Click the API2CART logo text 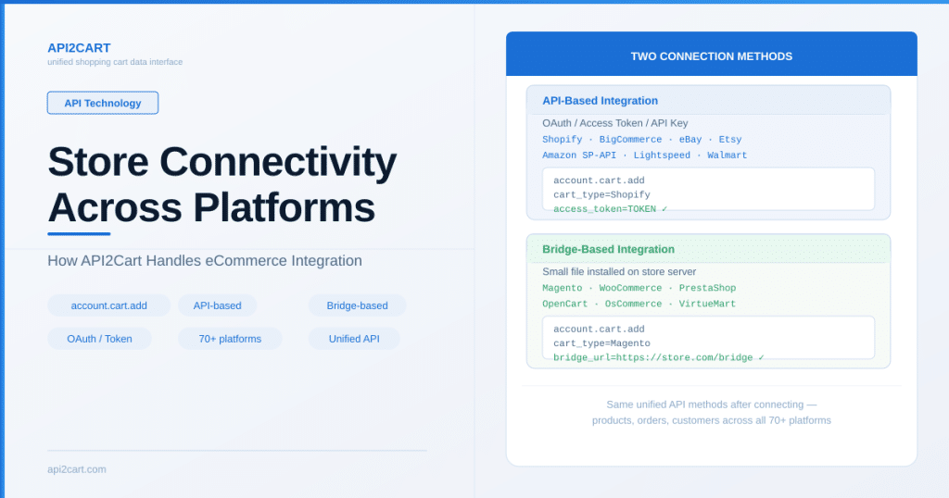[x=79, y=48]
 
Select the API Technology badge [x=103, y=103]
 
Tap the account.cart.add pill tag [x=109, y=305]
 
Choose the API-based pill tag [x=217, y=305]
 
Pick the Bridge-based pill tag [x=357, y=305]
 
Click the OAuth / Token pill [x=99, y=339]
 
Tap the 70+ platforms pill [x=230, y=339]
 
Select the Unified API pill [x=354, y=339]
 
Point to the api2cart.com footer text [x=77, y=469]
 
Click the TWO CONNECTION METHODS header [x=711, y=56]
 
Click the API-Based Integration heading [x=600, y=101]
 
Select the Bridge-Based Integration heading [x=608, y=250]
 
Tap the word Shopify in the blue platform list [x=563, y=140]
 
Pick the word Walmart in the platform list [x=727, y=156]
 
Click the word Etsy [x=730, y=140]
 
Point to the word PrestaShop [x=707, y=288]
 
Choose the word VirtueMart [x=707, y=304]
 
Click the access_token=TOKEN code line [x=610, y=209]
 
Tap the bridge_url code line [x=659, y=358]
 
